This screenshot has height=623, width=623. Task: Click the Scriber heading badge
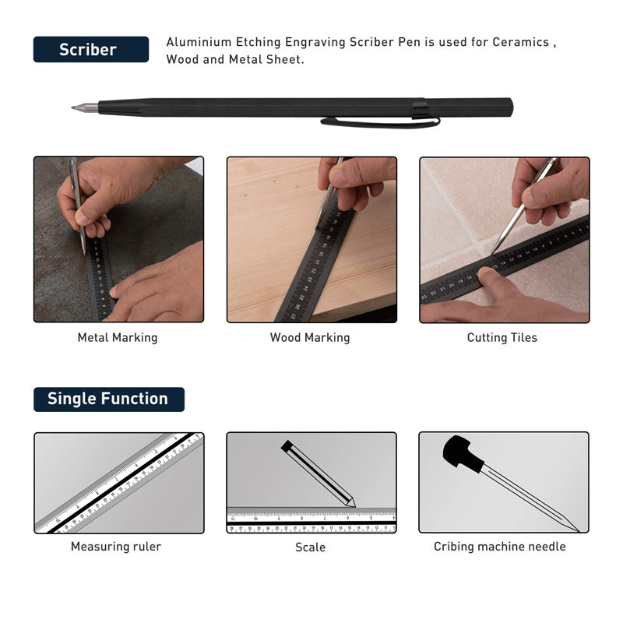(x=91, y=49)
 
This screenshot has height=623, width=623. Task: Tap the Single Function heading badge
(x=109, y=399)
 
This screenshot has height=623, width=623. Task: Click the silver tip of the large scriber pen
(x=85, y=107)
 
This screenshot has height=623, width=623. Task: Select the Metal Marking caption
(x=118, y=338)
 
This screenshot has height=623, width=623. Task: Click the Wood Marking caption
(x=310, y=338)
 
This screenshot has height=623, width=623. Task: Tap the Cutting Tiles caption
(x=502, y=338)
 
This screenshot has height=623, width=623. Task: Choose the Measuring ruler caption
(x=116, y=547)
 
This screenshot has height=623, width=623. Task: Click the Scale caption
(x=310, y=547)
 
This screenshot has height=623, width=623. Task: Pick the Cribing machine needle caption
(x=500, y=547)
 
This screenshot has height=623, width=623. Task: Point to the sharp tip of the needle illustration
(x=578, y=530)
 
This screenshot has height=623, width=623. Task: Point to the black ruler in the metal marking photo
(x=100, y=278)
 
